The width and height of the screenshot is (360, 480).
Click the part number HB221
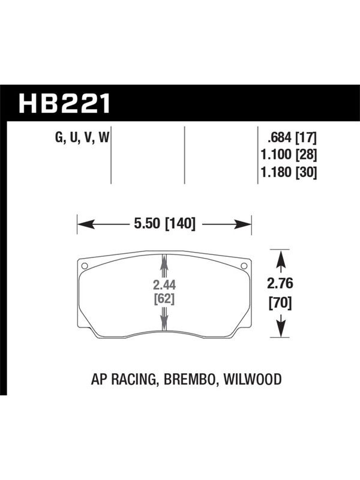point(64,103)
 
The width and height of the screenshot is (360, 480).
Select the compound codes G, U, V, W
point(82,137)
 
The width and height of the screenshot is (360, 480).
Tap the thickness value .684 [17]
point(292,137)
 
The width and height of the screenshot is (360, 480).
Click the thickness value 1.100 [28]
point(288,155)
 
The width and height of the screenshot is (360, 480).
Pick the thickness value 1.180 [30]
point(288,172)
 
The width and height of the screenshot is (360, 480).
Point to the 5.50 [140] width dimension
point(164,223)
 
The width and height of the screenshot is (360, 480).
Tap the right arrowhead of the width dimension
point(243,224)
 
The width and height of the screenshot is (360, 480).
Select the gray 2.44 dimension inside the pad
point(164,285)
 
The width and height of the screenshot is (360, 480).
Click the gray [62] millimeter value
point(164,298)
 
